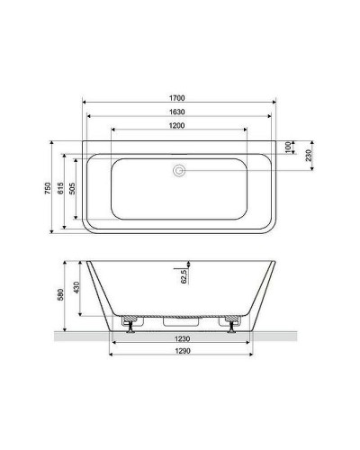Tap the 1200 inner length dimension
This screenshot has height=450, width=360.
pos(178,125)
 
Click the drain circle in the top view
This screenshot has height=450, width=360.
pos(178,167)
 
